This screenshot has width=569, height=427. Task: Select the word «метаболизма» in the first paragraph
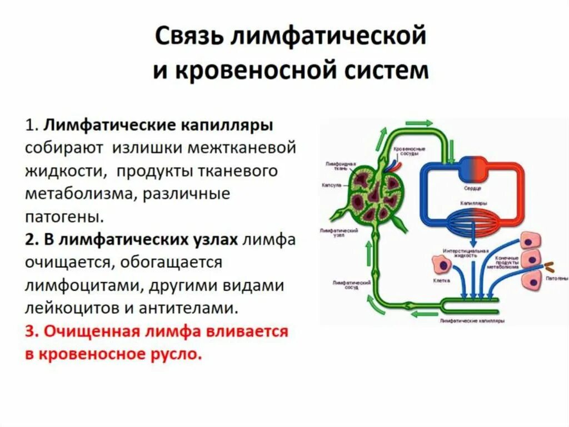click(76, 194)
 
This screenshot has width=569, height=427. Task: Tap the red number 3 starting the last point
click(30, 331)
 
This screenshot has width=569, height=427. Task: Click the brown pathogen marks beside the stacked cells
click(551, 267)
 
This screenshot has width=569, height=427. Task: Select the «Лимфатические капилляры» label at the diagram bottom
click(472, 322)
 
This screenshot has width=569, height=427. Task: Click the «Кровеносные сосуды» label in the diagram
click(409, 151)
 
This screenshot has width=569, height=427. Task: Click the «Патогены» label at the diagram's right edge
click(556, 277)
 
